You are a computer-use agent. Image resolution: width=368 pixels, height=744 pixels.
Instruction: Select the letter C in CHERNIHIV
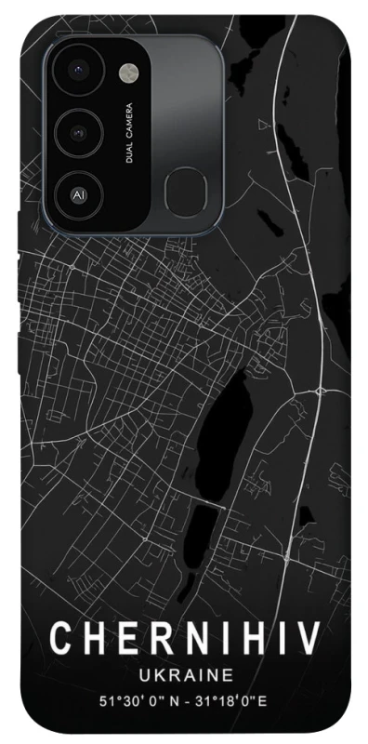(62, 639)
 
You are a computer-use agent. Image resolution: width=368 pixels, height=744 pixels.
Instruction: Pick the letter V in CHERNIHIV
(309, 639)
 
